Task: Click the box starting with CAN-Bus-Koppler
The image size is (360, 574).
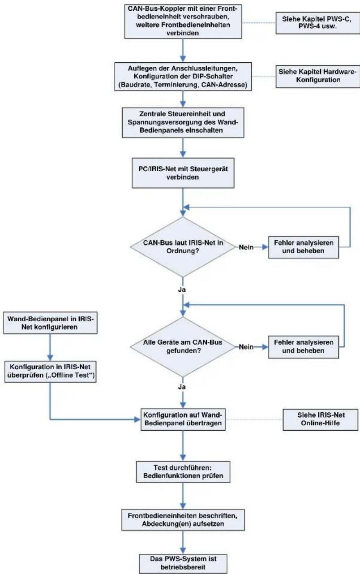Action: click(183, 21)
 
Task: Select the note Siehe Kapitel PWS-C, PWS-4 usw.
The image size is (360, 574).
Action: click(317, 23)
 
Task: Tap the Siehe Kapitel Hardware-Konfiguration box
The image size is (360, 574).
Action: click(317, 76)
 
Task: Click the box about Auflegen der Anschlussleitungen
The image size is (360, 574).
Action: click(183, 76)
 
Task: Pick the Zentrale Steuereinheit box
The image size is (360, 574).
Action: click(183, 122)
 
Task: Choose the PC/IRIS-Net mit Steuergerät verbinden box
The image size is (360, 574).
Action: click(183, 173)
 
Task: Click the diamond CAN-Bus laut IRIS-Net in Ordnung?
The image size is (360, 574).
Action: click(183, 247)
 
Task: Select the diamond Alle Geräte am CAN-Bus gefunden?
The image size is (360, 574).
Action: click(183, 347)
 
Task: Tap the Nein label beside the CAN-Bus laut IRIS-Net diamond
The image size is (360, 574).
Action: click(246, 247)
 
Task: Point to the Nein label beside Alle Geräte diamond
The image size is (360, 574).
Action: click(246, 347)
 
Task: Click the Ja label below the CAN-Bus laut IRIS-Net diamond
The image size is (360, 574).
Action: click(182, 289)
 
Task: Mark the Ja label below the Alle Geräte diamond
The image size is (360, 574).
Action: click(182, 387)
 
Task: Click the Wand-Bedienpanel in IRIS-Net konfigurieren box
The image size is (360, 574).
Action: click(50, 323)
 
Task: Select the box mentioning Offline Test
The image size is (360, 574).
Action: click(51, 371)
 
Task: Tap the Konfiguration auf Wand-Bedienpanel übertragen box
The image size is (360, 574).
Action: click(183, 419)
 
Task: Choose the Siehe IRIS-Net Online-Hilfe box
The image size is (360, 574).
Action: click(320, 419)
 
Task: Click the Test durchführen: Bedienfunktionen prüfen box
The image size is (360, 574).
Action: click(183, 472)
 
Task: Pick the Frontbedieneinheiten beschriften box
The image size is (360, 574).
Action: click(183, 520)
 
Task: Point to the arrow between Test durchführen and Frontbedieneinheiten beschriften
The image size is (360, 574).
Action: click(183, 496)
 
